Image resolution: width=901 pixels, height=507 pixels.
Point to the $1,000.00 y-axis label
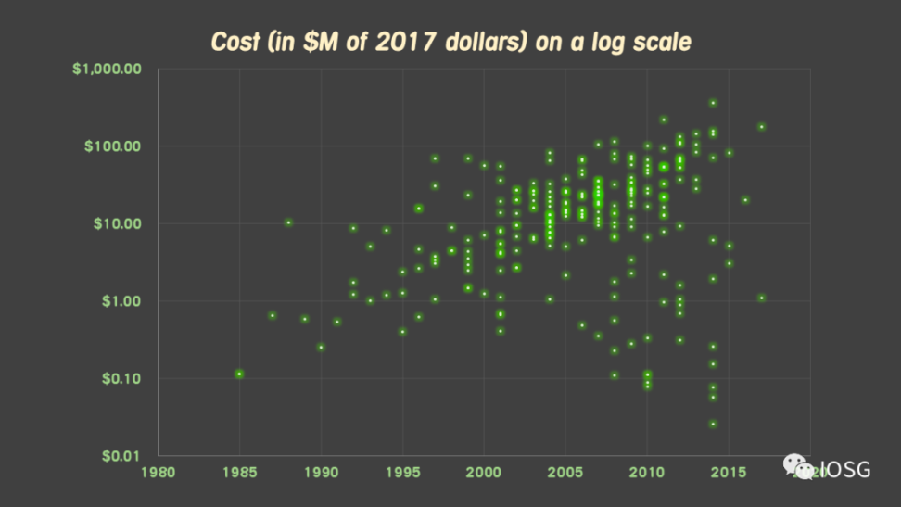click(x=109, y=70)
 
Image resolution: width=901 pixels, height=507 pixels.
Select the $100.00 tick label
click(x=114, y=146)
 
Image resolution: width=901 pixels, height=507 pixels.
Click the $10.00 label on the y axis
click(x=118, y=223)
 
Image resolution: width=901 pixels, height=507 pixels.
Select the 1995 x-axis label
click(x=402, y=471)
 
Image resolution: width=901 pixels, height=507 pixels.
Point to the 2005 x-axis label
click(x=565, y=471)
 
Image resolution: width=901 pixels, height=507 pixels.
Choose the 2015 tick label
click(x=729, y=471)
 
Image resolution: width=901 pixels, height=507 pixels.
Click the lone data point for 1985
click(x=239, y=374)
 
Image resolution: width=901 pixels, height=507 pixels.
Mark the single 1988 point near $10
click(x=288, y=222)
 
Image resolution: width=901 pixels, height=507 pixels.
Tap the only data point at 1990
click(x=321, y=348)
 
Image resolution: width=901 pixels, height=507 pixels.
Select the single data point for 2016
click(x=745, y=200)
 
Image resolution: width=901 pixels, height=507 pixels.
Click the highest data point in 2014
click(x=713, y=103)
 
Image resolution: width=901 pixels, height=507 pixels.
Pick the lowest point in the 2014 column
click(x=713, y=424)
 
